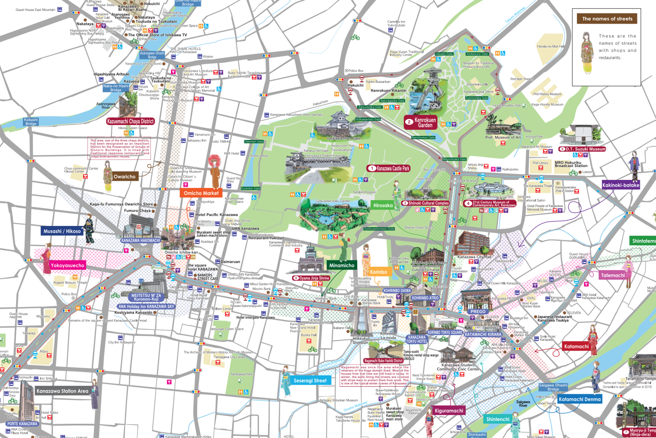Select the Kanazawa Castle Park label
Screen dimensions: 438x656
(389, 168)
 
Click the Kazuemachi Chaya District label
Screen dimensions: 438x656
(130, 121)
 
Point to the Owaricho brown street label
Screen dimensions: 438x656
(124, 177)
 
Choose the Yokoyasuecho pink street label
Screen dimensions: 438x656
(67, 265)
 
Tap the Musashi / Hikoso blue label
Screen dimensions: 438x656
(62, 231)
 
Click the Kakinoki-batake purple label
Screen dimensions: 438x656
(621, 185)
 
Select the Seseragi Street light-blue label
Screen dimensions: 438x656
(310, 380)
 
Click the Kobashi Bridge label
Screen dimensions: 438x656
(31, 122)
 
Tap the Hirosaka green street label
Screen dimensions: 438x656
(383, 205)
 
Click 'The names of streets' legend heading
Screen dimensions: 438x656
(607, 19)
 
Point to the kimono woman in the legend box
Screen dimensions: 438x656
(587, 53)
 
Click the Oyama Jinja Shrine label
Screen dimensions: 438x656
(311, 278)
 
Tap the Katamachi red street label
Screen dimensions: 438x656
(576, 346)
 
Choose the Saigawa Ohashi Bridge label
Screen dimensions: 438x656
(553, 387)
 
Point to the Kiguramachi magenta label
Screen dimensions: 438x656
(449, 411)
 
